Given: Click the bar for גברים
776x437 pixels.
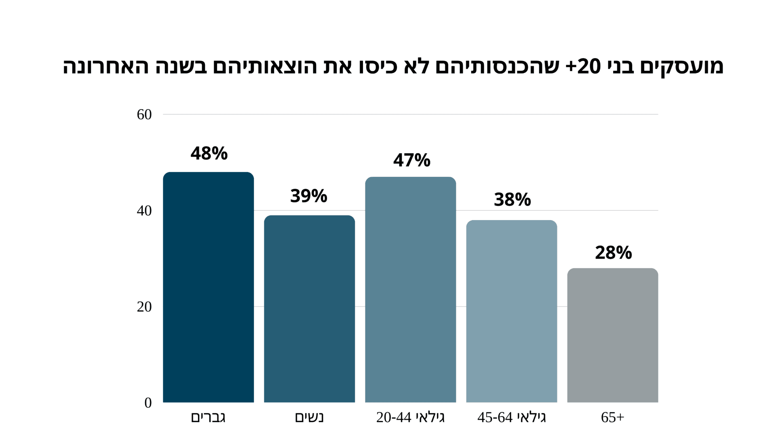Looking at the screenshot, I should (x=208, y=287).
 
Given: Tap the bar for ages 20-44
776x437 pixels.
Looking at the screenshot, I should (x=410, y=290).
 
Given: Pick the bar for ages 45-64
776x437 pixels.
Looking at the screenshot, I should (x=511, y=311).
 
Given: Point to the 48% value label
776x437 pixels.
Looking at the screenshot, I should (x=209, y=153).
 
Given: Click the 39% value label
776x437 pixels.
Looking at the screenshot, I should (x=309, y=196).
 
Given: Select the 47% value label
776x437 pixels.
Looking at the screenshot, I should (x=411, y=160).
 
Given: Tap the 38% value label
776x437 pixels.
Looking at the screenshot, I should (x=512, y=199).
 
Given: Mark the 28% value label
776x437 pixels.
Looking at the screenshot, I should (x=613, y=252).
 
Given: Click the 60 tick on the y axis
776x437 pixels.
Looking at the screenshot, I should (x=144, y=115).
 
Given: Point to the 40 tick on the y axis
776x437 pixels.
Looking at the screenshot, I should (x=144, y=211).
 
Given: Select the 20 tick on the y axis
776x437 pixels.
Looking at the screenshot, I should (x=144, y=307).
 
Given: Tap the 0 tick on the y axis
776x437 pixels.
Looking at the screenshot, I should (x=148, y=403).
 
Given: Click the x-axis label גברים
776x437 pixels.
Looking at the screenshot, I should (x=208, y=417).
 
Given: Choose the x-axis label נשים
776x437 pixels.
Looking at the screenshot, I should (x=309, y=417).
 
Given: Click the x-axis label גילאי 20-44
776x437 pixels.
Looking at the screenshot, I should (x=410, y=417).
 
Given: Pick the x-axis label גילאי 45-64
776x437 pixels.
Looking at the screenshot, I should (x=511, y=417).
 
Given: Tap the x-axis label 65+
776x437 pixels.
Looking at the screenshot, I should (x=612, y=417).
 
